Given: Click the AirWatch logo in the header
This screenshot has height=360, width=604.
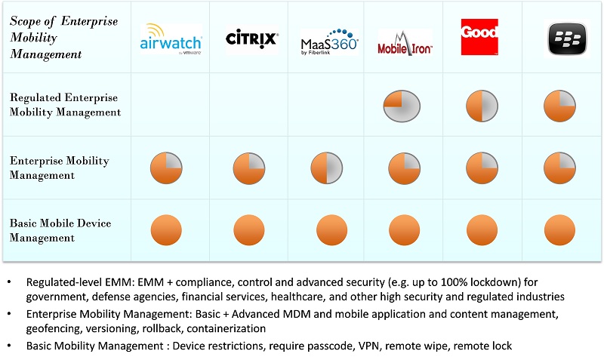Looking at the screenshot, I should click(171, 38).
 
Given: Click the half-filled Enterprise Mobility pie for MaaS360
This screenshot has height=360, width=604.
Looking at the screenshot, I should click(327, 168).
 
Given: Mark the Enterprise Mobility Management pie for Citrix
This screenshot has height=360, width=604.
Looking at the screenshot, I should click(248, 168).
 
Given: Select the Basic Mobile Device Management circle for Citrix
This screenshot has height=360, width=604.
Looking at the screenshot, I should click(248, 229).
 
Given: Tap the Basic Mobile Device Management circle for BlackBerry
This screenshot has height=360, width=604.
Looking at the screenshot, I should click(559, 229).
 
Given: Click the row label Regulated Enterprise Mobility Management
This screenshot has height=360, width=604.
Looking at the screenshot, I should click(65, 105).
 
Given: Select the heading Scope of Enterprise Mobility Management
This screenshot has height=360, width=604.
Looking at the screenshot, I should click(63, 38).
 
